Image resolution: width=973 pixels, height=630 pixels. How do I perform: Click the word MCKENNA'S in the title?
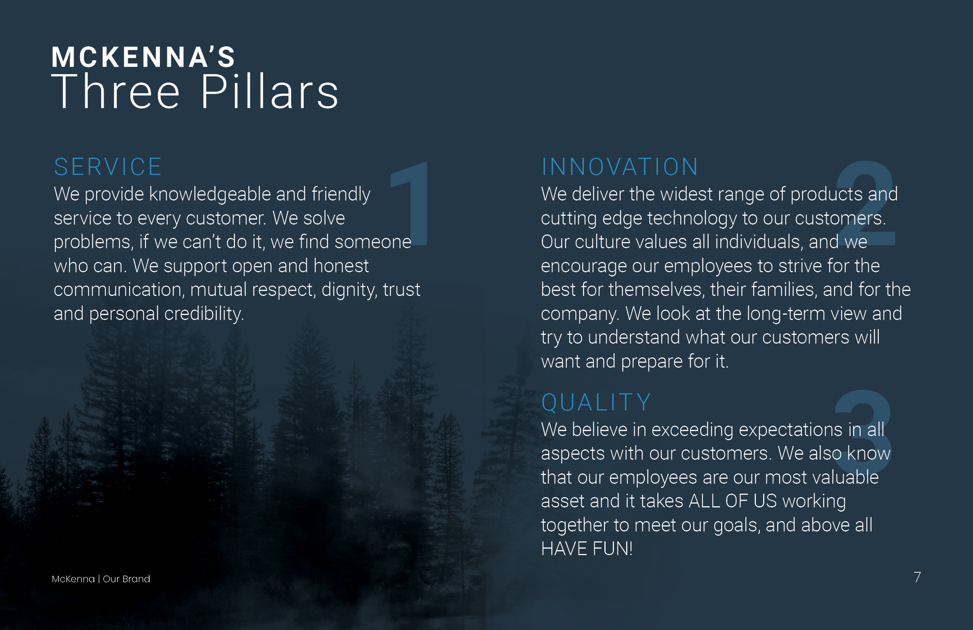[x=143, y=57]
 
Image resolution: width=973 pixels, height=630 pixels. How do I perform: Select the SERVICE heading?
[x=108, y=167]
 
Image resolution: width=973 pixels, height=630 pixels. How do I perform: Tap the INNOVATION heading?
[x=620, y=167]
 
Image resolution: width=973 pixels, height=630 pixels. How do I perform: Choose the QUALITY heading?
[x=596, y=403]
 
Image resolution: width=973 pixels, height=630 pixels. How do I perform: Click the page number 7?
[x=917, y=577]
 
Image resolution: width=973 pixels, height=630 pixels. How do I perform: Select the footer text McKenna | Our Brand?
[x=100, y=579]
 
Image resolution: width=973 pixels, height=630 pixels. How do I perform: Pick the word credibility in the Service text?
[x=204, y=314]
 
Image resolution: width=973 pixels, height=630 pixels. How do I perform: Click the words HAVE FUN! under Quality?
[x=587, y=549]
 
